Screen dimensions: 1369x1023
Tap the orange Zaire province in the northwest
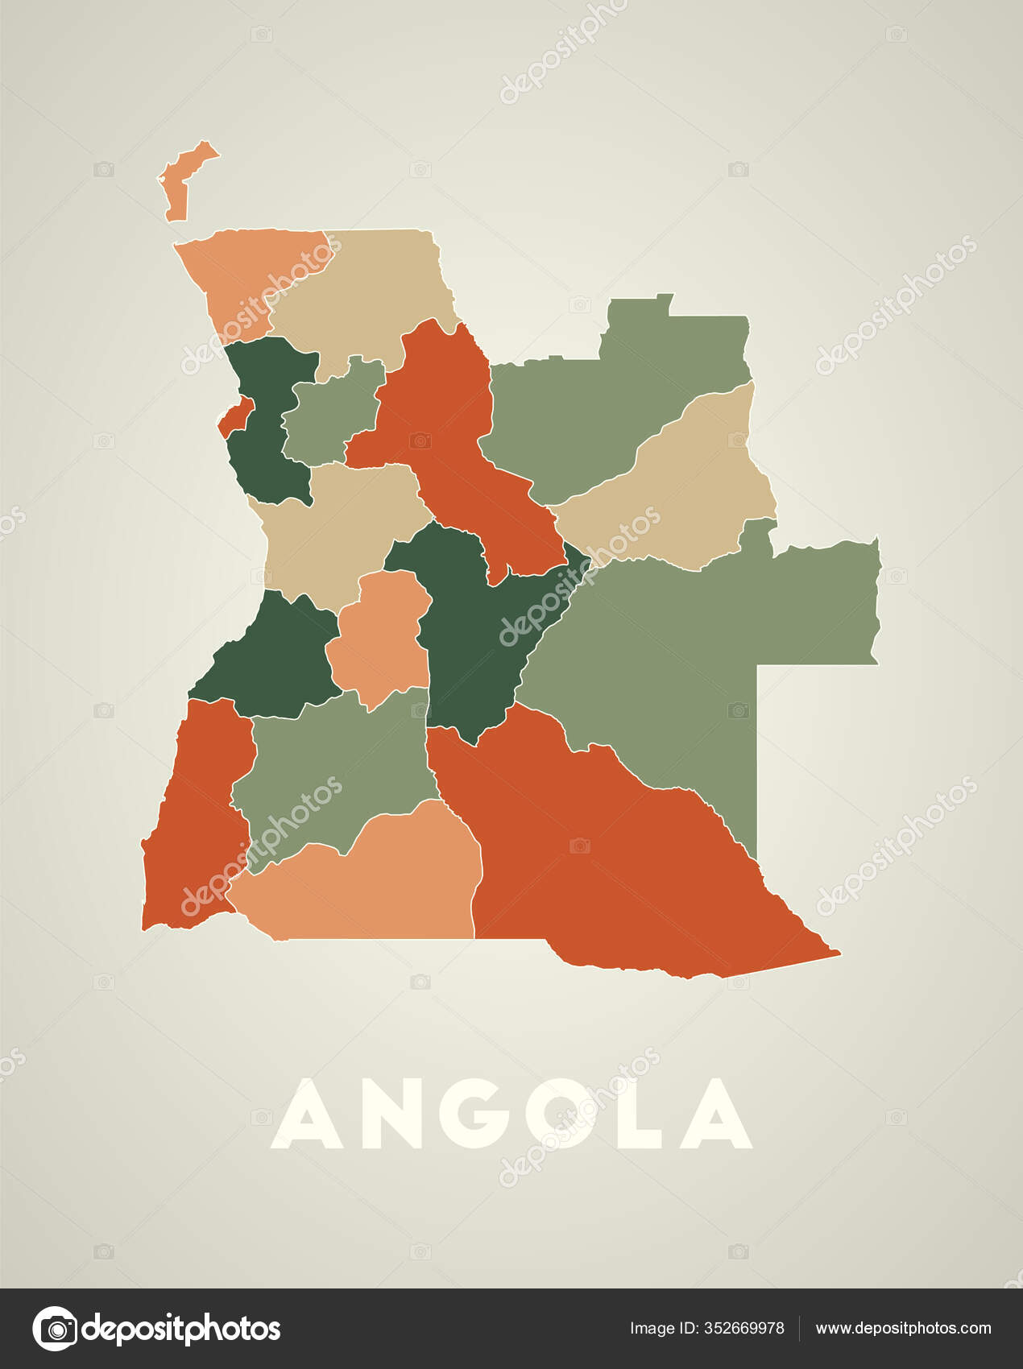tap(242, 274)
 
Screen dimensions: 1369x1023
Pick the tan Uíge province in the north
tap(362, 290)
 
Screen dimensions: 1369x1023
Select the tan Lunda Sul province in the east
tap(685, 483)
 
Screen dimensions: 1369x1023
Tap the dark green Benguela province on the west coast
tap(274, 660)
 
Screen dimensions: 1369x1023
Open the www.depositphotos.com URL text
tap(903, 1328)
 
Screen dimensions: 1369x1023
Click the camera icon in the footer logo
tap(56, 1328)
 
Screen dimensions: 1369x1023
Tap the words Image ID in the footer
tap(661, 1328)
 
